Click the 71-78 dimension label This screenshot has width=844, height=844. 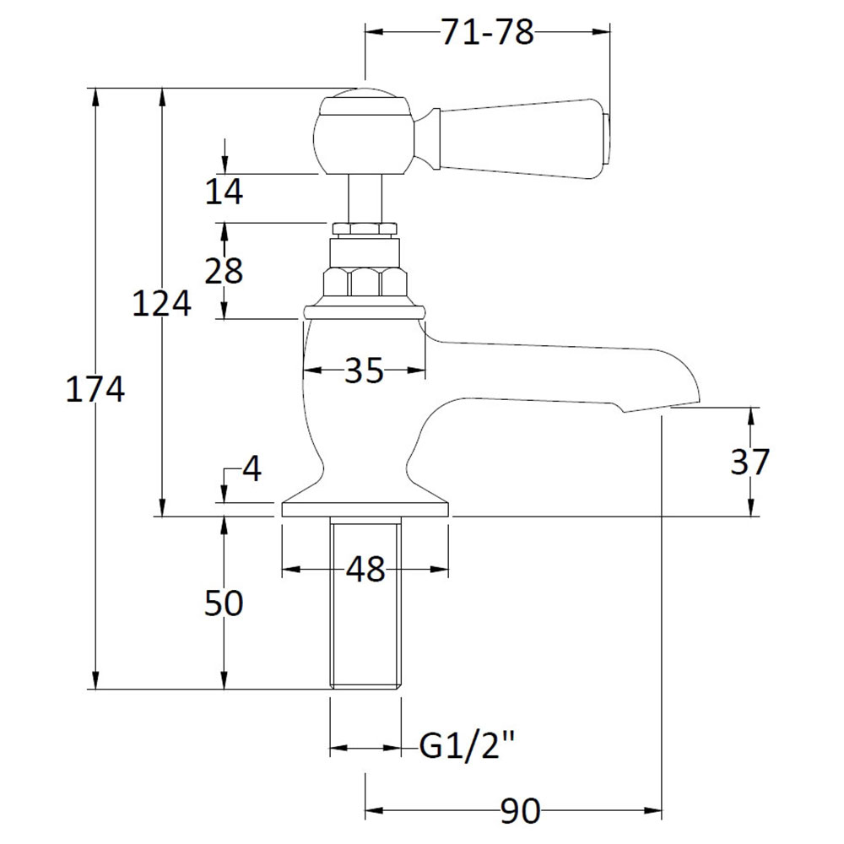click(487, 33)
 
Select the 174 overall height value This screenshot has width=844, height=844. click(95, 389)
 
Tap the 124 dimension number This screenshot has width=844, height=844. click(161, 303)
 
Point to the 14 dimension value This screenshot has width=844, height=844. click(224, 192)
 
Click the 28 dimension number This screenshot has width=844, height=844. click(224, 271)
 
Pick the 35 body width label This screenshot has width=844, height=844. click(364, 370)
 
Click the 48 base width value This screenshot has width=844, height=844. click(365, 570)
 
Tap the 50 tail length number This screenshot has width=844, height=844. click(224, 603)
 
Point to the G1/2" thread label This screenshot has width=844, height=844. click(468, 747)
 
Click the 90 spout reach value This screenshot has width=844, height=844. click(521, 811)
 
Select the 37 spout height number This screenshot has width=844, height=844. click(749, 462)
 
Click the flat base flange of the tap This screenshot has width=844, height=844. click(365, 507)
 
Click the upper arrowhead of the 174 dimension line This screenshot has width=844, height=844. click(95, 95)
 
